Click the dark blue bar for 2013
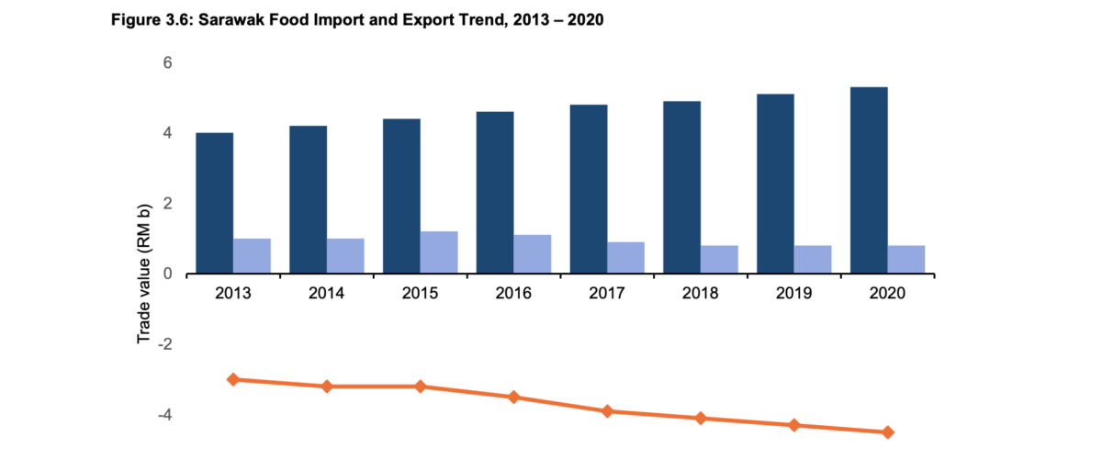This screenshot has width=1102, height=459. [x=214, y=203]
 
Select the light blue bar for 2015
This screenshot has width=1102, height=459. [x=439, y=252]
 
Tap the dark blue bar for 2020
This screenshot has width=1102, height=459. [x=869, y=180]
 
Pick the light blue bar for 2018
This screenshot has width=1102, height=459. [x=719, y=260]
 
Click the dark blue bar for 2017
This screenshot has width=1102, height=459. [x=588, y=189]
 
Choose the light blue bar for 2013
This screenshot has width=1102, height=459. [x=252, y=256]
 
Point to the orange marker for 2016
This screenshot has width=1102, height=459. [x=513, y=397]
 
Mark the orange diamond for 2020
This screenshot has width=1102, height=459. [x=888, y=432]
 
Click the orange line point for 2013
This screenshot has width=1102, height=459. [x=233, y=379]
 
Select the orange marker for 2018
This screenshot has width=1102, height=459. [x=701, y=419]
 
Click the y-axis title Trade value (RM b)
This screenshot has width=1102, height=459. [x=144, y=274]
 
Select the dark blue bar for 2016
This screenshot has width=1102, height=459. [x=495, y=193]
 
